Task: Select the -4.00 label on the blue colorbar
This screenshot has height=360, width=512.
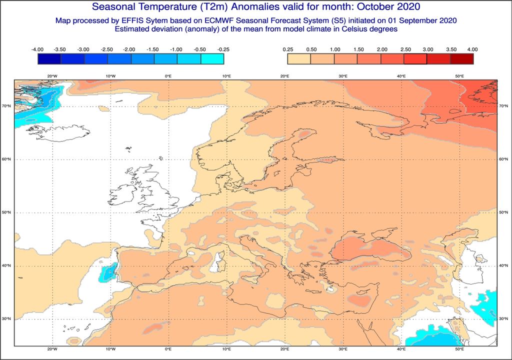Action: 37,49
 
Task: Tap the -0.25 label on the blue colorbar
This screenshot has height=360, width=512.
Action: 223,49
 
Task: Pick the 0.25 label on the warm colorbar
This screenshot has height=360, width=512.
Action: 287,49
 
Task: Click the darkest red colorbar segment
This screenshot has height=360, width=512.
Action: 461,59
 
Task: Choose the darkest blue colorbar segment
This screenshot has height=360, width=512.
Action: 49,59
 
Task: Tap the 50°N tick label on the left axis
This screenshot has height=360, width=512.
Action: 7,212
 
